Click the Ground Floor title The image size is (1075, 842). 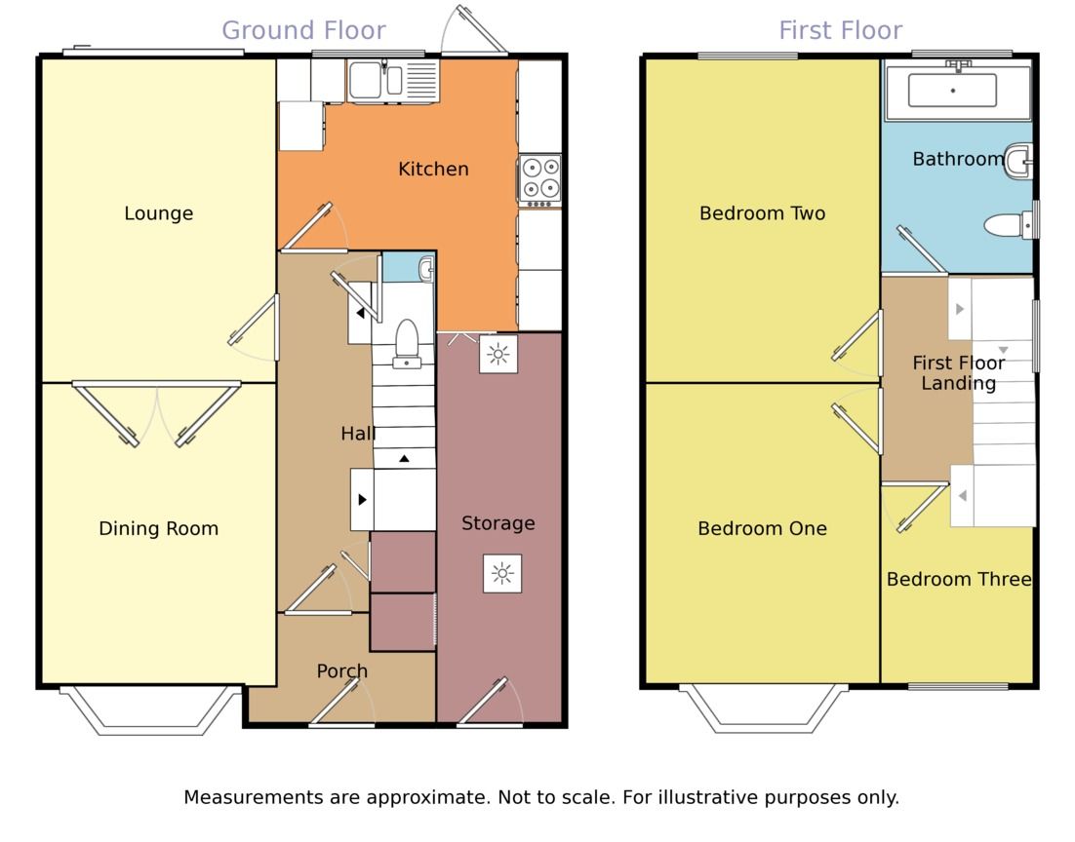[x=303, y=31]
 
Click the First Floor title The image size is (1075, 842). [x=841, y=31]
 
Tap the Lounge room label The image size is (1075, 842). [x=158, y=213]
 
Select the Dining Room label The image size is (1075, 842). [x=158, y=528]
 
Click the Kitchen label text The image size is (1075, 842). [x=433, y=169]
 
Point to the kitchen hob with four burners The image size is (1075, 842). [x=540, y=180]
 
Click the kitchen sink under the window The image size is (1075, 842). [x=393, y=82]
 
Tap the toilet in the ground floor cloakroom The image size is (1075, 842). [x=407, y=343]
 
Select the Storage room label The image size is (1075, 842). [x=498, y=523]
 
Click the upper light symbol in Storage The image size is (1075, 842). [x=498, y=354]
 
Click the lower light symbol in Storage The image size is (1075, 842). [x=502, y=573]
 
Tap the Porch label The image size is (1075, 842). [x=342, y=670]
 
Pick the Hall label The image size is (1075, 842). [x=358, y=433]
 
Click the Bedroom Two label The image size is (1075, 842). [x=763, y=213]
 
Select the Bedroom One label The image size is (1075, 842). [x=763, y=528]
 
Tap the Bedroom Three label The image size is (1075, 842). [x=959, y=579]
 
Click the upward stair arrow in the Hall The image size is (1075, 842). [x=405, y=458]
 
